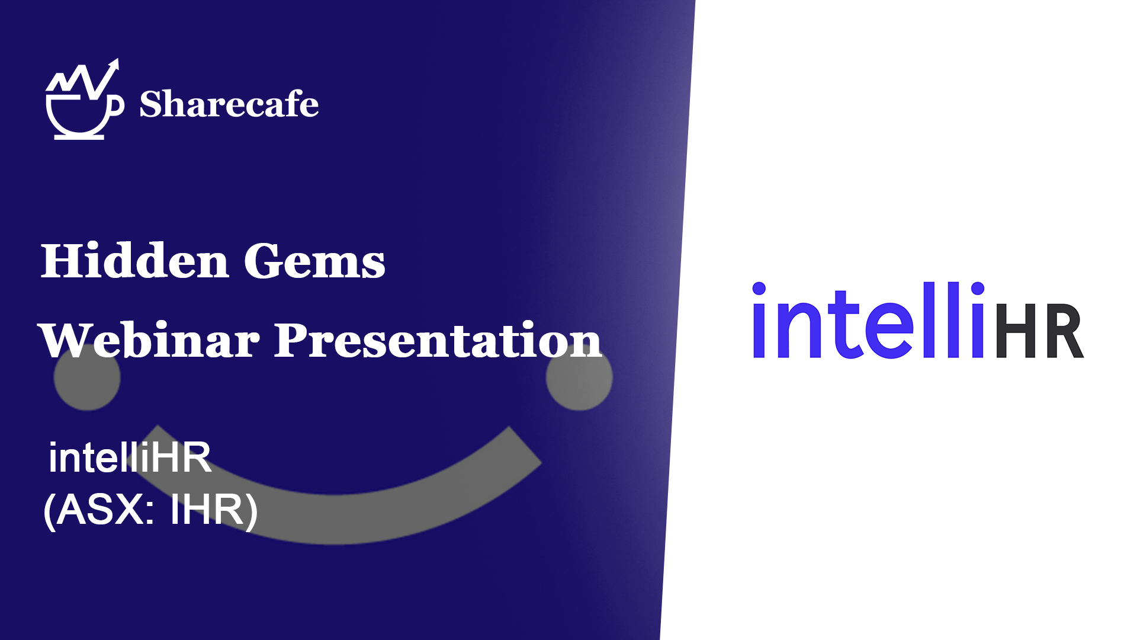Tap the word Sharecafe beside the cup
click(x=229, y=104)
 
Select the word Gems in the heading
click(x=314, y=261)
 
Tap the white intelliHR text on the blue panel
click(x=130, y=457)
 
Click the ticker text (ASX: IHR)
click(x=150, y=510)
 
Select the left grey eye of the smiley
click(x=87, y=377)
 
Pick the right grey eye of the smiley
click(x=579, y=377)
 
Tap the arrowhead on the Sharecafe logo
click(x=114, y=65)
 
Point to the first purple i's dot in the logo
click(x=759, y=289)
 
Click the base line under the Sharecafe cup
click(x=79, y=137)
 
